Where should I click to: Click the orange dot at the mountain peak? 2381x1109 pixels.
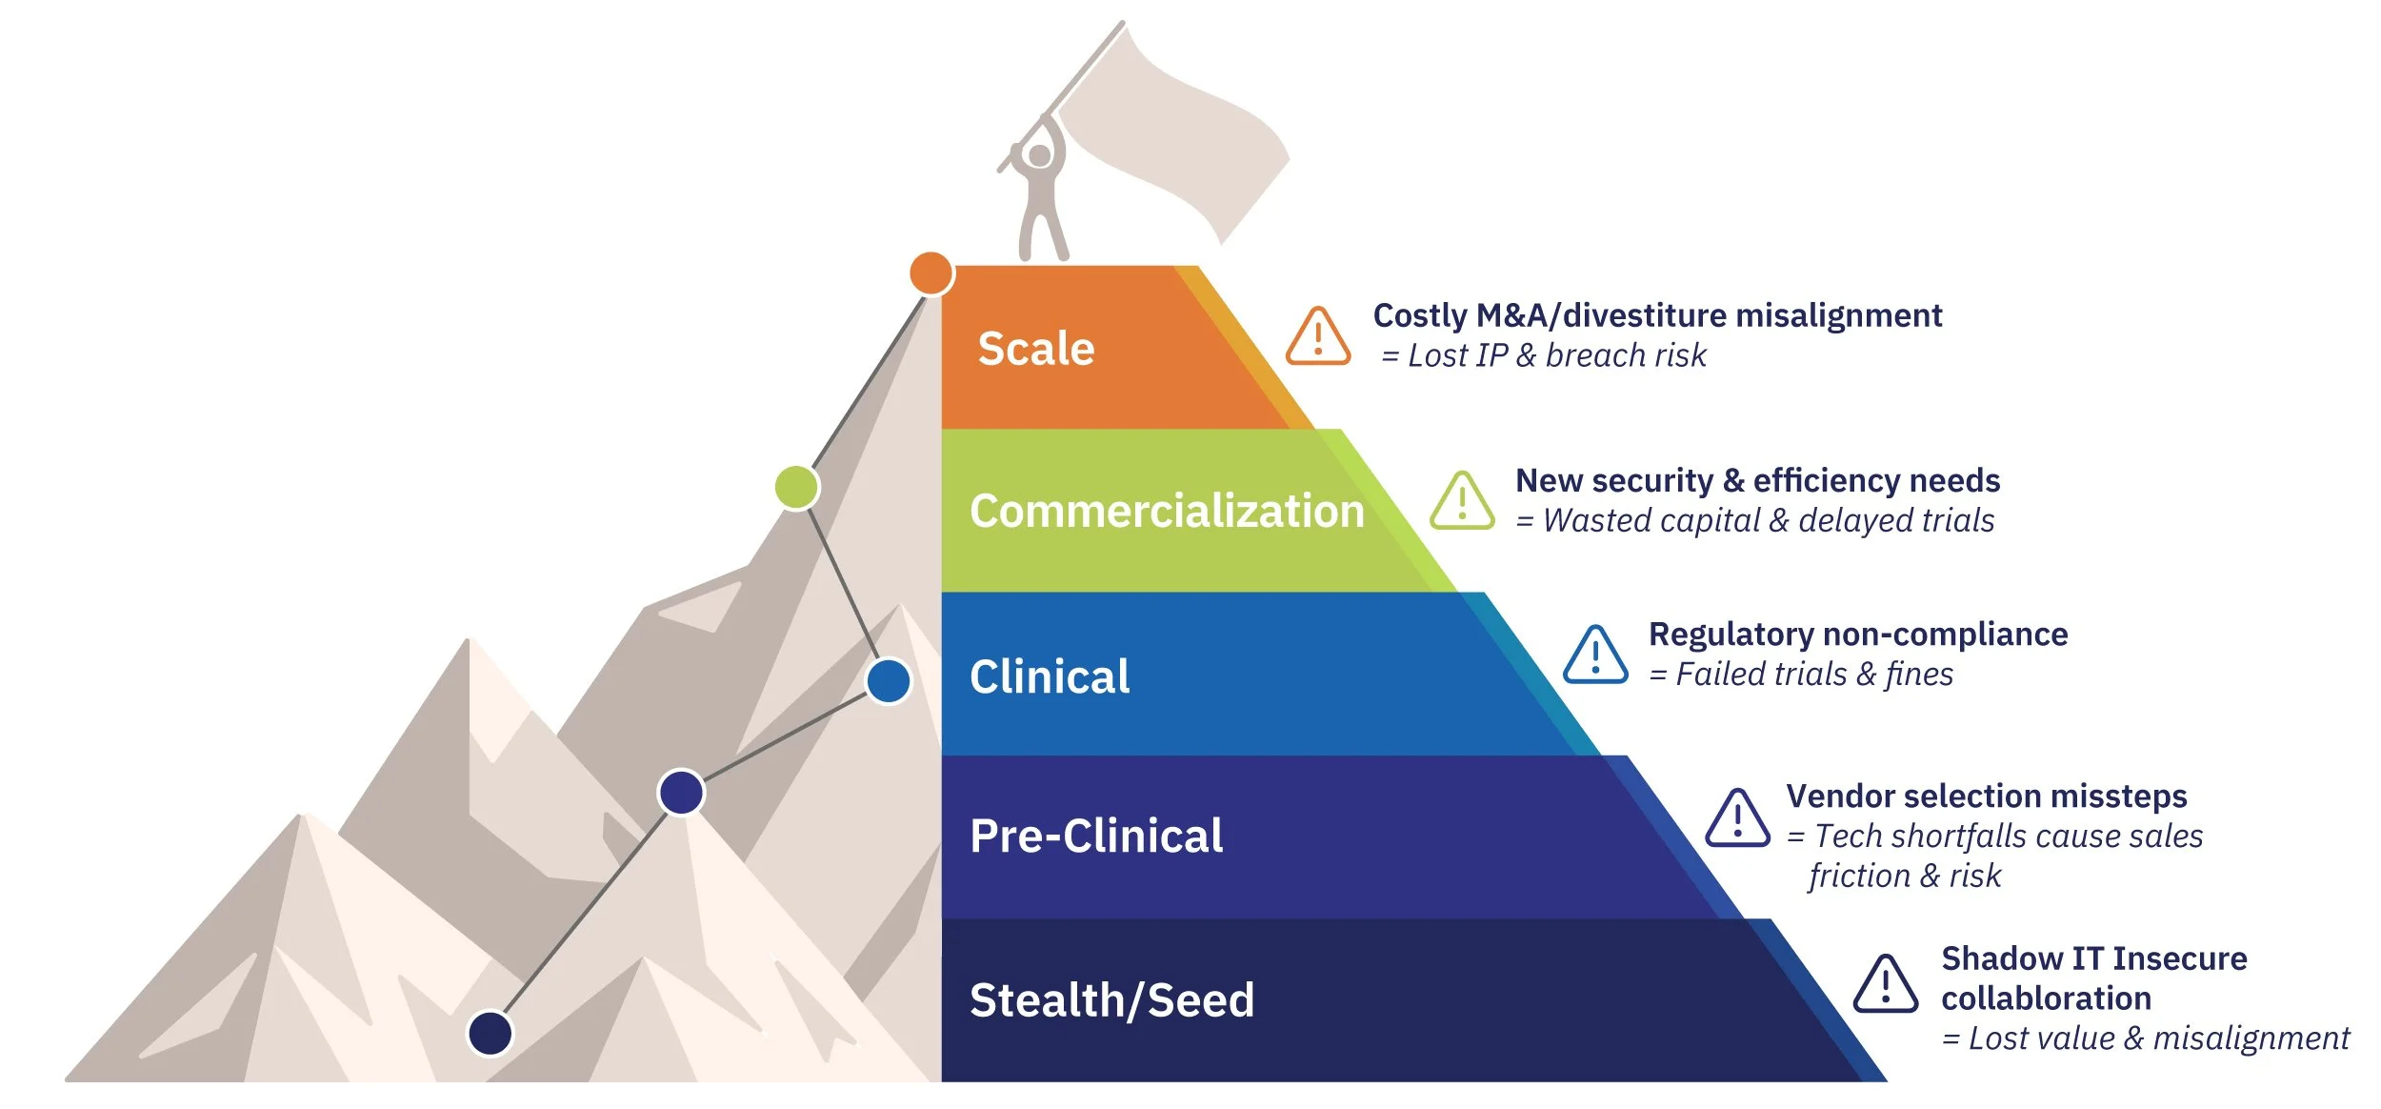tap(930, 273)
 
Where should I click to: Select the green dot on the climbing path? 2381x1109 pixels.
tap(796, 488)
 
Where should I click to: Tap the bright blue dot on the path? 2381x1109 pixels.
tap(889, 681)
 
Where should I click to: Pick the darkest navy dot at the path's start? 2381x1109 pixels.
tap(490, 1033)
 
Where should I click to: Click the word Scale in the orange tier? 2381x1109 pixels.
tap(1036, 349)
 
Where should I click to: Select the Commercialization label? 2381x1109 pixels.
tap(1167, 512)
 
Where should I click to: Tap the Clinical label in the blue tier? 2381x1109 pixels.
tap(1050, 677)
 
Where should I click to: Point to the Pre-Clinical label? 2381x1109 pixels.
tap(1096, 837)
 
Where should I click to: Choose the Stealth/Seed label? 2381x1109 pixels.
tap(1111, 1000)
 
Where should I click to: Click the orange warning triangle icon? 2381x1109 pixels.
tap(1318, 338)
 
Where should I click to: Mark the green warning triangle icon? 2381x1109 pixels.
tap(1462, 502)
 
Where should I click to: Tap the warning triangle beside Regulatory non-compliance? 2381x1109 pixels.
tap(1595, 656)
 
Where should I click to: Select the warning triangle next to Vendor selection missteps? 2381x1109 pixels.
tap(1737, 819)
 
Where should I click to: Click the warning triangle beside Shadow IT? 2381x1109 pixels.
tap(1886, 985)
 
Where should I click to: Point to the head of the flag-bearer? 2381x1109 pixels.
tap(1040, 155)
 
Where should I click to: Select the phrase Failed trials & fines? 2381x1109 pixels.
tap(1813, 675)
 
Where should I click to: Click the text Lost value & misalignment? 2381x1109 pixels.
tap(2157, 1038)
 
